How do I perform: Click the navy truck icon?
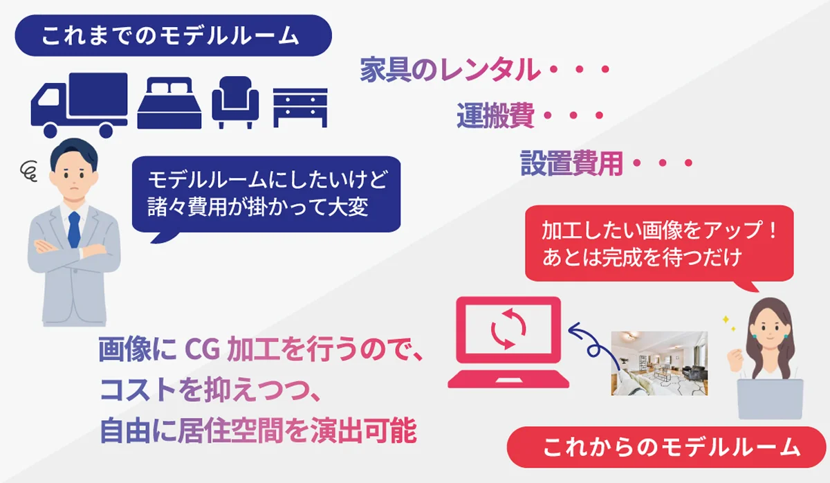point(77,104)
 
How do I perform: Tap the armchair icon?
point(236,104)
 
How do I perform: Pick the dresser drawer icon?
point(300,107)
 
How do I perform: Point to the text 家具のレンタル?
point(449,70)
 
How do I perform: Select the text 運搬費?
point(495,117)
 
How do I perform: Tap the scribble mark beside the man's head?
point(29,168)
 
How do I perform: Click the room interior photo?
point(659,363)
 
